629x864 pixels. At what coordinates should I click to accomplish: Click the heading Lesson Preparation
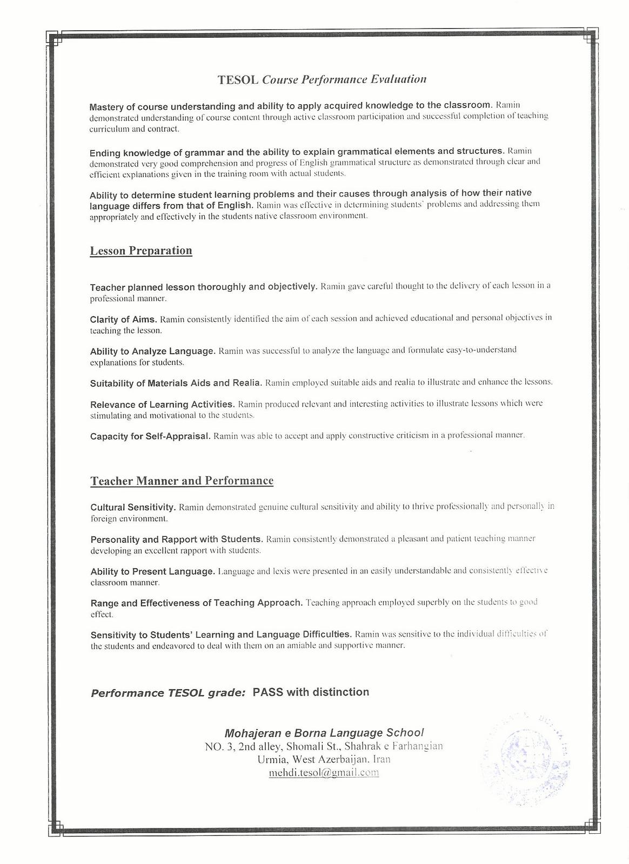pyautogui.click(x=141, y=251)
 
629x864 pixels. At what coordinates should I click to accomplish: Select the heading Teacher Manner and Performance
pyautogui.click(x=182, y=481)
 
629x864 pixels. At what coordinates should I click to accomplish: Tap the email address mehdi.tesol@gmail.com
pyautogui.click(x=324, y=772)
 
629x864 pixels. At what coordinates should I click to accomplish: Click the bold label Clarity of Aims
pyautogui.click(x=123, y=319)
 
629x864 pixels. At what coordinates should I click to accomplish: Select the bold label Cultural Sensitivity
pyautogui.click(x=133, y=508)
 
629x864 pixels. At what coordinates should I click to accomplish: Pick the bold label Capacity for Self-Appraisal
pyautogui.click(x=150, y=436)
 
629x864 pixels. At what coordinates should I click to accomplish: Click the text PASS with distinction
pyautogui.click(x=311, y=692)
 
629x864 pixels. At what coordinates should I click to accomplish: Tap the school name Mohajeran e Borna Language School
pyautogui.click(x=324, y=733)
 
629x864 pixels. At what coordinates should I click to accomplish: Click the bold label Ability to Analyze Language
pyautogui.click(x=152, y=351)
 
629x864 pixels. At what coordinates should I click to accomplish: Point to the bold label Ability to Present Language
pyautogui.click(x=152, y=571)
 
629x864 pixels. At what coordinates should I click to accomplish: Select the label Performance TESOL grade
pyautogui.click(x=168, y=693)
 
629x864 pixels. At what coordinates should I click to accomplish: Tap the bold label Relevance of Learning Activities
pyautogui.click(x=162, y=404)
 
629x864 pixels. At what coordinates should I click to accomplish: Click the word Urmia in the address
pyautogui.click(x=273, y=759)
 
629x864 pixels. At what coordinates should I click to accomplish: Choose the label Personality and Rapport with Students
pyautogui.click(x=176, y=539)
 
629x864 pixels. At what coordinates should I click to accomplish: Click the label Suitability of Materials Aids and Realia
pyautogui.click(x=176, y=383)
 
